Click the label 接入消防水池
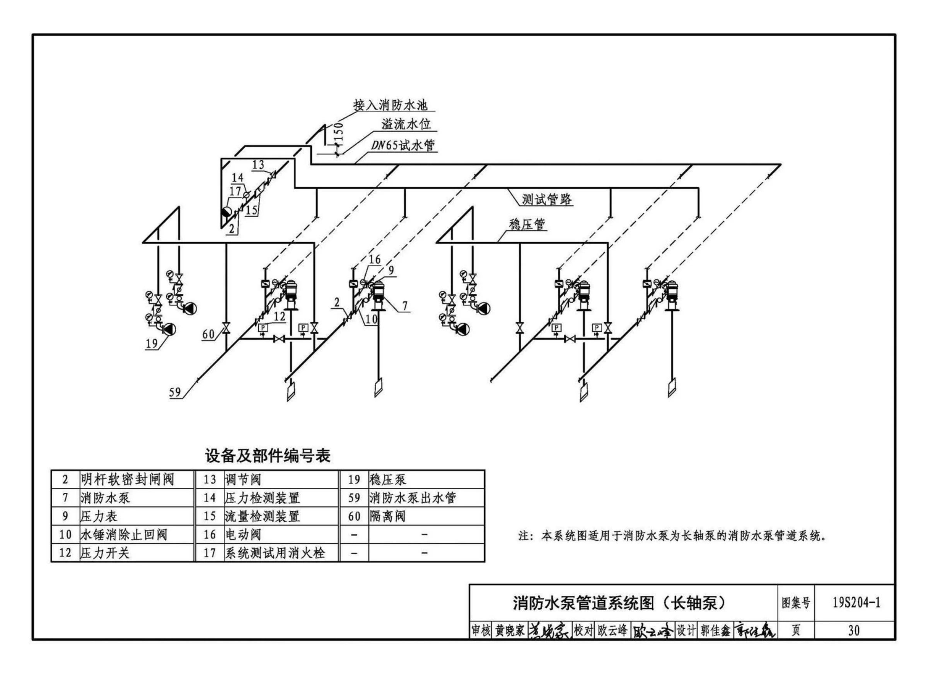pyautogui.click(x=391, y=105)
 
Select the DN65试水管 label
pyautogui.click(x=403, y=145)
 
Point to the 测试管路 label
pyautogui.click(x=547, y=199)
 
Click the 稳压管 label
pyautogui.click(x=527, y=224)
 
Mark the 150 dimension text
pyautogui.click(x=338, y=133)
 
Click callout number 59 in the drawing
pyautogui.click(x=175, y=392)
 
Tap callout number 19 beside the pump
pyautogui.click(x=152, y=343)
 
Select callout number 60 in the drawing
pyautogui.click(x=208, y=334)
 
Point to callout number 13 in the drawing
pyautogui.click(x=258, y=165)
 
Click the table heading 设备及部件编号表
pyautogui.click(x=268, y=456)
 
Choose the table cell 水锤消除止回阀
pyautogui.click(x=124, y=534)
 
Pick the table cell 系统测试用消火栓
pyautogui.click(x=275, y=553)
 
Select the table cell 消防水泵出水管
pyautogui.click(x=413, y=498)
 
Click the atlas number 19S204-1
pyautogui.click(x=856, y=603)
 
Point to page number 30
pyautogui.click(x=854, y=630)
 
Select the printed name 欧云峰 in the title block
pyautogui.click(x=612, y=630)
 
